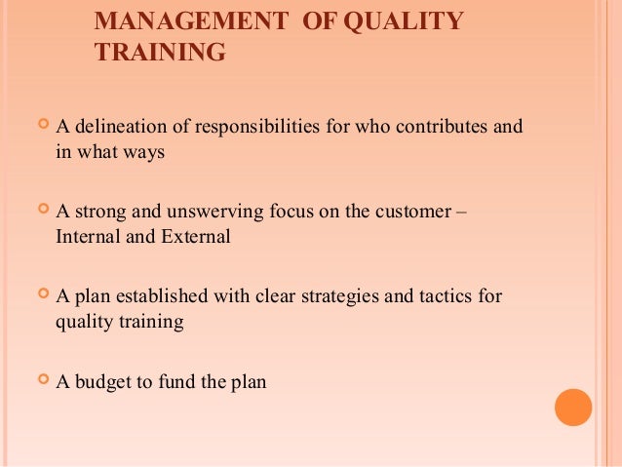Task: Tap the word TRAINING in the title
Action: pos(160,53)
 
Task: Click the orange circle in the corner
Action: pos(573,408)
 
